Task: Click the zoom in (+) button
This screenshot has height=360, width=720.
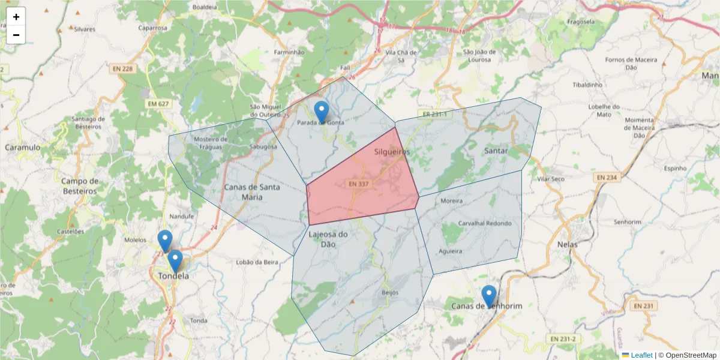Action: click(x=16, y=17)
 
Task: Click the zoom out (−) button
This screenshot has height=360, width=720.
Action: click(x=16, y=35)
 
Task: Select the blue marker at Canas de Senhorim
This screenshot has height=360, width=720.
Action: click(x=489, y=296)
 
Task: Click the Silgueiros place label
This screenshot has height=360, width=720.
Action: click(x=392, y=152)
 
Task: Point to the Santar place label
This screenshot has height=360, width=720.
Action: click(x=496, y=151)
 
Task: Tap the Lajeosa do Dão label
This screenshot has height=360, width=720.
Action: click(x=328, y=239)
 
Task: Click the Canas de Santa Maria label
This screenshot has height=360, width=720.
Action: click(x=252, y=191)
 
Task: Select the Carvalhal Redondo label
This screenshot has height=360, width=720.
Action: click(x=485, y=223)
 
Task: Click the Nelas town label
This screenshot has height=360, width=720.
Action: click(x=567, y=245)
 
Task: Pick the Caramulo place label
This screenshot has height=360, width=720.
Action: click(x=22, y=147)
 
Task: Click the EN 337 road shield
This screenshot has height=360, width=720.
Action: click(x=359, y=184)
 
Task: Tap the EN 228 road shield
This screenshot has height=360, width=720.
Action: click(x=122, y=69)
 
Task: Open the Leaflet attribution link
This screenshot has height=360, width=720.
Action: click(x=641, y=355)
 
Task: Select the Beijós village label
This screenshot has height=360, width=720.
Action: click(x=390, y=292)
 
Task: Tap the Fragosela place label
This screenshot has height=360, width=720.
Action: click(x=580, y=22)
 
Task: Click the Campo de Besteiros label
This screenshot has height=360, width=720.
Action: click(x=79, y=186)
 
